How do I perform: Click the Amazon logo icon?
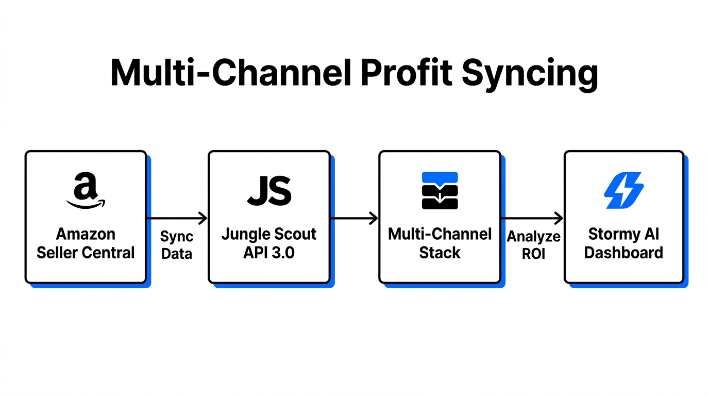[x=86, y=191]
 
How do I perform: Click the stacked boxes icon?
[x=440, y=191]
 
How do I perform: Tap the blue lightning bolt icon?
[x=623, y=190]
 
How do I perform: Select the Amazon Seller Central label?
[x=86, y=243]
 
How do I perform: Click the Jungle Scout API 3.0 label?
[x=269, y=243]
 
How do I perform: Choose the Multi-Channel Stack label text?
[x=440, y=243]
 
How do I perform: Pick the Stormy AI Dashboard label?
[x=623, y=243]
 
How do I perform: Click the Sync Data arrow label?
[x=177, y=245]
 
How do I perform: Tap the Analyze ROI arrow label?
[x=533, y=245]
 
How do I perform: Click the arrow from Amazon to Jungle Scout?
[x=177, y=219]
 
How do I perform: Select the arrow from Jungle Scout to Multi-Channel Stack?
[x=354, y=219]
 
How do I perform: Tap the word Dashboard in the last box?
[x=623, y=253]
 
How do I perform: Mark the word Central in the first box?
[x=110, y=253]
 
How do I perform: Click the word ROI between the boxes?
[x=533, y=254]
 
